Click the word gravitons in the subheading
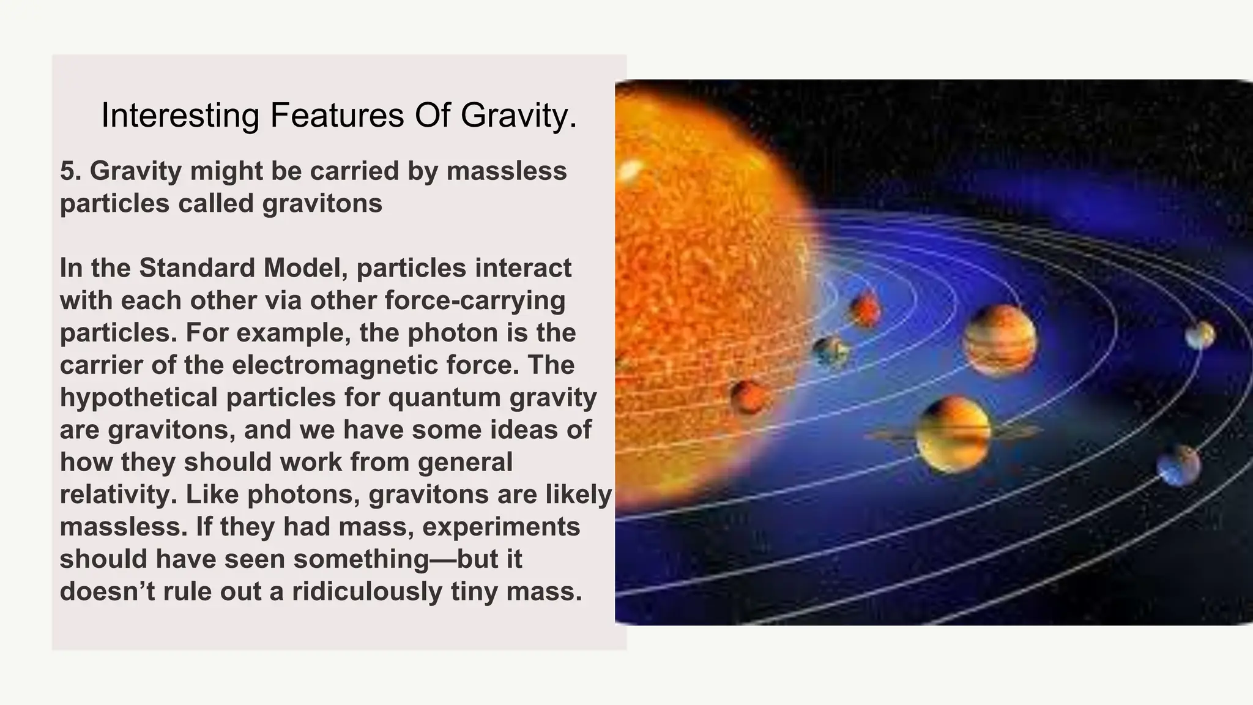[322, 203]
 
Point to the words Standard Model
[244, 268]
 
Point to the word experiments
[501, 527]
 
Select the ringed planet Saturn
[952, 433]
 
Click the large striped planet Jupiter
[1000, 340]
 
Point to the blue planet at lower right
[1178, 466]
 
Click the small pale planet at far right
[1200, 335]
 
